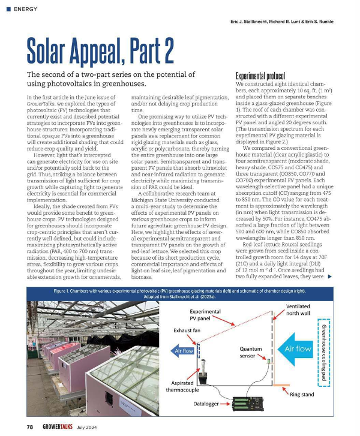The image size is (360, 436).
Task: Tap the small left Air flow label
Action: (x=185, y=350)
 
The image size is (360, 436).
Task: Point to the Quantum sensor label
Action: (x=251, y=351)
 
